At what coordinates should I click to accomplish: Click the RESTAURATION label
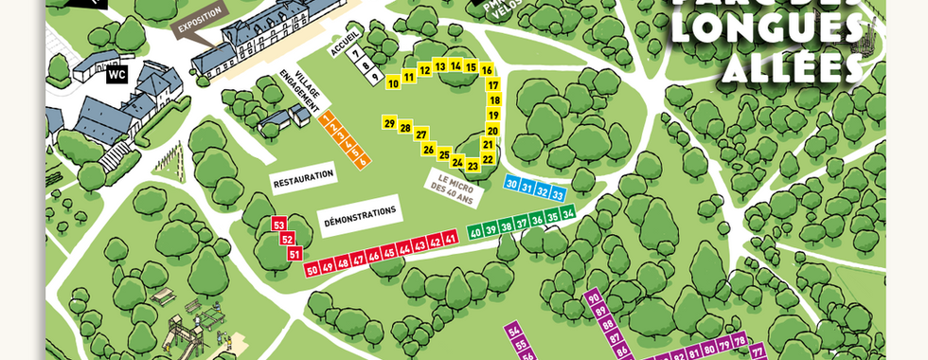pos(303,176)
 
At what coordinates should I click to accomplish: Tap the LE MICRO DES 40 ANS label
pos(455,181)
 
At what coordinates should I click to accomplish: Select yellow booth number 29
pos(389,123)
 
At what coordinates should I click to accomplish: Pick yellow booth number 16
pos(487,70)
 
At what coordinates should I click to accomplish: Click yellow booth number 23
pos(473,166)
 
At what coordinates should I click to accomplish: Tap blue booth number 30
pos(511,184)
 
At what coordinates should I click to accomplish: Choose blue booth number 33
pos(558,193)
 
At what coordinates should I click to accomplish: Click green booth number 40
pos(476,231)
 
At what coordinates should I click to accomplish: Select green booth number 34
pos(568,215)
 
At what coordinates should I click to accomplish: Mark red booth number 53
pos(278,225)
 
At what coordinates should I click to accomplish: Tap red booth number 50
pos(312,270)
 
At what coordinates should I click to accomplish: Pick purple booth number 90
pos(596,298)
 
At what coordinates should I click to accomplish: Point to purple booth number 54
pos(514,331)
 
